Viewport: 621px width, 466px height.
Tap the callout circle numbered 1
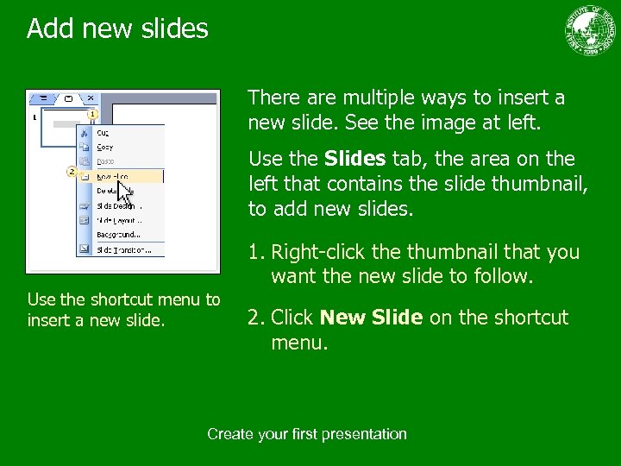[92, 113]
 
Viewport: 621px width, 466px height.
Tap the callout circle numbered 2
[72, 171]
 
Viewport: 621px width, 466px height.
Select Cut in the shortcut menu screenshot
[103, 133]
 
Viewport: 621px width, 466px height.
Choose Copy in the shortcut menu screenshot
[104, 148]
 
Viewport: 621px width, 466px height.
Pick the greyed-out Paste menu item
[105, 161]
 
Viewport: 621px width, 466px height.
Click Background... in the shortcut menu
[118, 235]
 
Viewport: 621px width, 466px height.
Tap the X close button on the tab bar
[91, 98]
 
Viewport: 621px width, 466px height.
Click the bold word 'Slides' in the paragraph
[355, 159]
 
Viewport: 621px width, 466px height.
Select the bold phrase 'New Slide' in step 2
[371, 318]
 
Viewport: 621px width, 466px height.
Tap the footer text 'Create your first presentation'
[306, 434]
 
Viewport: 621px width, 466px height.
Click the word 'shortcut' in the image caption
[136, 299]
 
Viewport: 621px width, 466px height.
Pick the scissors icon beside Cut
[85, 133]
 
